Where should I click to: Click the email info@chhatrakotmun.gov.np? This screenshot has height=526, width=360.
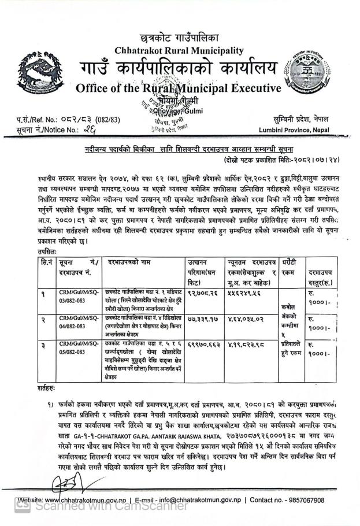pyautogui.click(x=193, y=500)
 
